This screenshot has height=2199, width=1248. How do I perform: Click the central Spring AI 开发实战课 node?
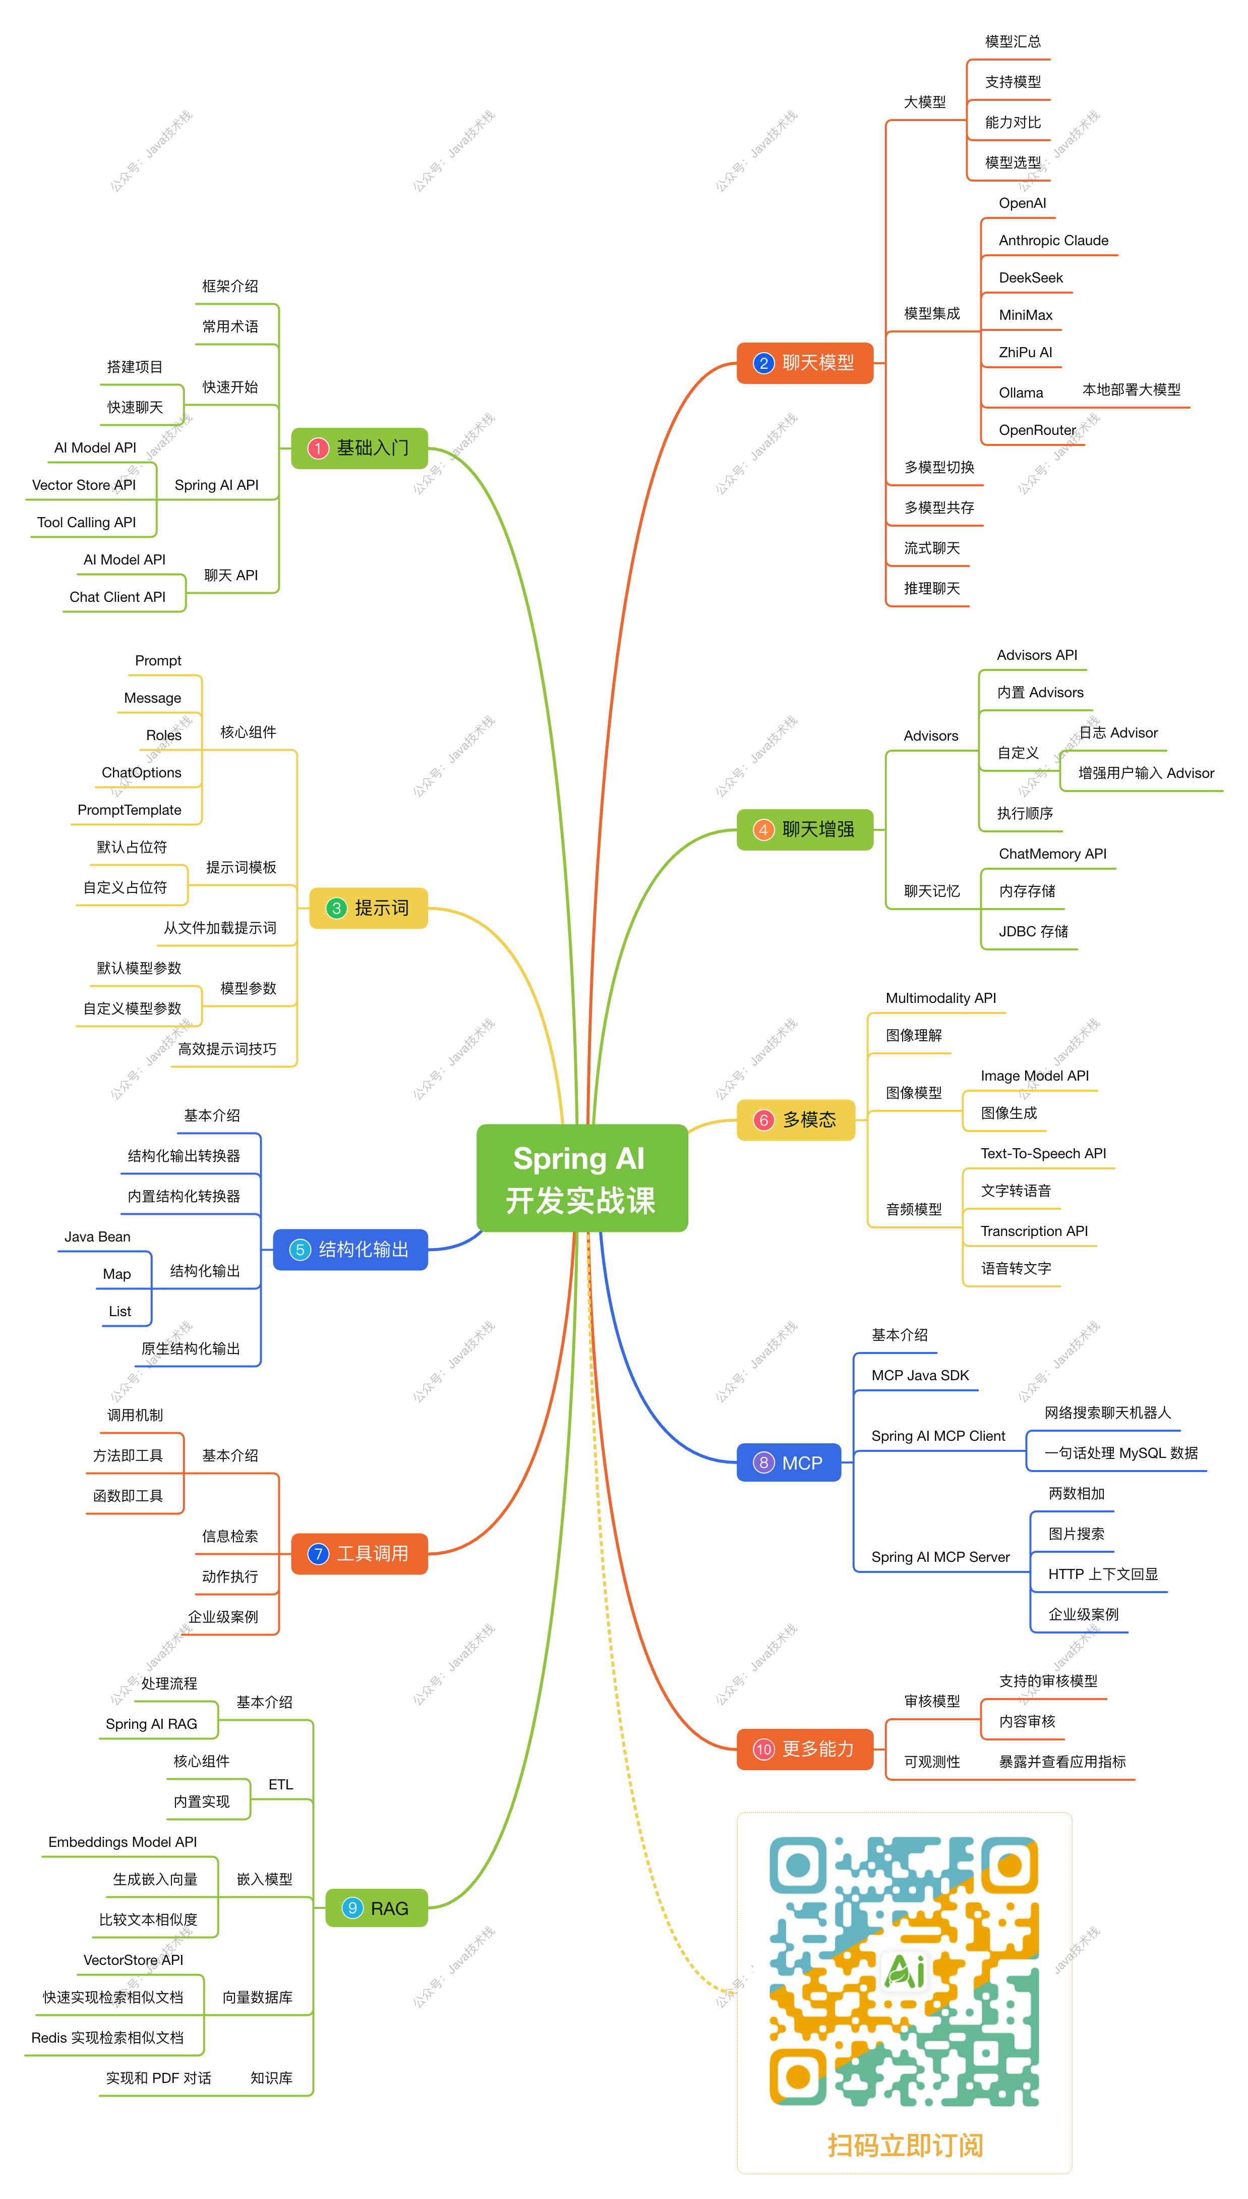[581, 1178]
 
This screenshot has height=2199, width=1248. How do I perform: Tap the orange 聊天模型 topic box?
[804, 363]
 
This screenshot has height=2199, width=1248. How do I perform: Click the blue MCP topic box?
[789, 1462]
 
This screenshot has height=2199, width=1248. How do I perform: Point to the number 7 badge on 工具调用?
[318, 1553]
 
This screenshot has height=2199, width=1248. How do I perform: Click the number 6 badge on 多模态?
[763, 1119]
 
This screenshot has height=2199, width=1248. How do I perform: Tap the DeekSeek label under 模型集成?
[1030, 278]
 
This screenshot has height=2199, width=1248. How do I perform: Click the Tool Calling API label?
[87, 522]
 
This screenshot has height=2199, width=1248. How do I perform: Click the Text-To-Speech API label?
[1043, 1153]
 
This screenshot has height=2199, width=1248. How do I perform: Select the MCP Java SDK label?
[920, 1375]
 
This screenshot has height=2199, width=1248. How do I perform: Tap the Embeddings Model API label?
[123, 1841]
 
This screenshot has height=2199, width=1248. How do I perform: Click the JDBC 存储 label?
[1033, 931]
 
